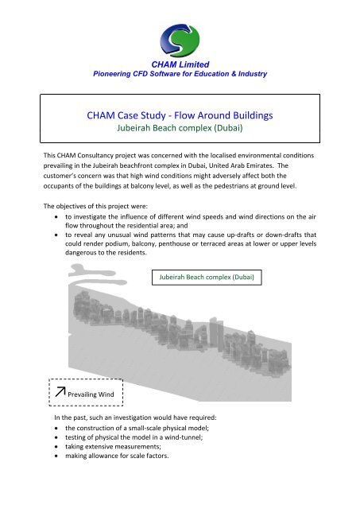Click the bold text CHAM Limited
pyautogui.click(x=180, y=63)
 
